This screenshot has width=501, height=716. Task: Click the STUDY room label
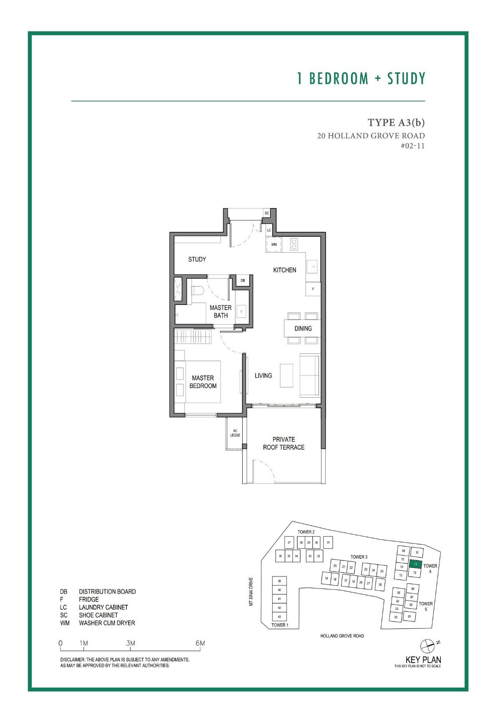coord(197,259)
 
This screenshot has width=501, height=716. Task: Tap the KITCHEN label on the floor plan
coord(285,270)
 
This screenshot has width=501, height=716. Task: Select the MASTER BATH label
coord(220,312)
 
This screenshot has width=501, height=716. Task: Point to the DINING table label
coord(303,328)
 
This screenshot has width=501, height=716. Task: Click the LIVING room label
coord(263,376)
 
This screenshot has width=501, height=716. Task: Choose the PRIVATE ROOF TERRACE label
coord(283,443)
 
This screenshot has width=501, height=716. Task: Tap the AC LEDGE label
coord(235,433)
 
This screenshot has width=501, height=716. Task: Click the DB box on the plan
coord(243,280)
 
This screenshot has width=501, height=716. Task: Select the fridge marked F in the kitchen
coord(313,289)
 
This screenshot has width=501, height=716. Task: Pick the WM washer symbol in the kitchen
coord(274,244)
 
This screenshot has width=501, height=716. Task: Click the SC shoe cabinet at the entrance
coord(267,213)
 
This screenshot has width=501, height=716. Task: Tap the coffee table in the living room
coord(286,376)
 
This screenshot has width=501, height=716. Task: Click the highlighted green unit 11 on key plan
coord(415,564)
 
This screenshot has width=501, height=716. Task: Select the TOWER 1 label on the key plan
coord(280,625)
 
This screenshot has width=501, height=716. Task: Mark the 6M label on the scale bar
coord(200,643)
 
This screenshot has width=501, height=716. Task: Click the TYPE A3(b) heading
coord(396,122)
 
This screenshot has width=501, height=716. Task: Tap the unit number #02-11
coord(412,146)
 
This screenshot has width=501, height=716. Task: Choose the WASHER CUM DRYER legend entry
coord(107,623)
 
